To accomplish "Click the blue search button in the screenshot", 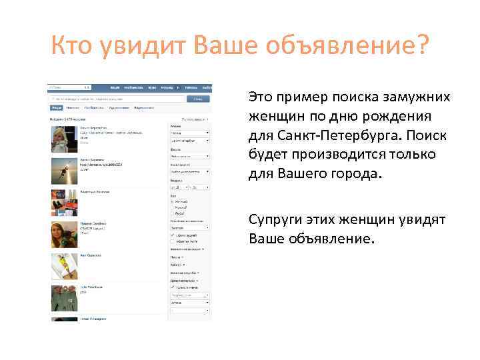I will pyautogui.click(x=197, y=99).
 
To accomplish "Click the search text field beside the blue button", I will pyautogui.click(x=117, y=99).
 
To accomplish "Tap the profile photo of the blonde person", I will pyautogui.click(x=63, y=140).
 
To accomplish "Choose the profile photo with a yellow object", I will pyautogui.click(x=63, y=266).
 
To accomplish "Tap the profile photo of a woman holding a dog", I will pyautogui.click(x=63, y=234).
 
